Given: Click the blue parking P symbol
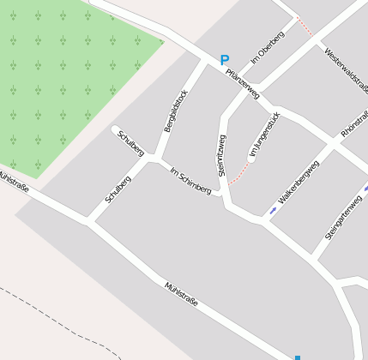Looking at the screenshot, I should click(225, 61).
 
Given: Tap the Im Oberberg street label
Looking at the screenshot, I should click(267, 46).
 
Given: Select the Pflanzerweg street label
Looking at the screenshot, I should click(242, 83).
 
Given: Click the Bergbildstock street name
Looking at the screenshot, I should click(176, 111).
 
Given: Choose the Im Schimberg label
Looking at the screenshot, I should click(190, 179).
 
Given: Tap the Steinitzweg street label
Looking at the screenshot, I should click(222, 156).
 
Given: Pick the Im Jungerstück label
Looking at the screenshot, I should click(263, 135).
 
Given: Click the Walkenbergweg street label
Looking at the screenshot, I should click(299, 181).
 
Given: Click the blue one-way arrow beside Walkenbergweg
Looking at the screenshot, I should click(273, 209).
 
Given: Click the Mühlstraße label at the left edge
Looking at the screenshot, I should click(14, 183).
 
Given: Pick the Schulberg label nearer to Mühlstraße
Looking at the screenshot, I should click(118, 189).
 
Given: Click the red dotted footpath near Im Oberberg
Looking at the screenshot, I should click(305, 26).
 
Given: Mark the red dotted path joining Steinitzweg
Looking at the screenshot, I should click(240, 175).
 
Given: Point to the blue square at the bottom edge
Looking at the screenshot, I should click(298, 357).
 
